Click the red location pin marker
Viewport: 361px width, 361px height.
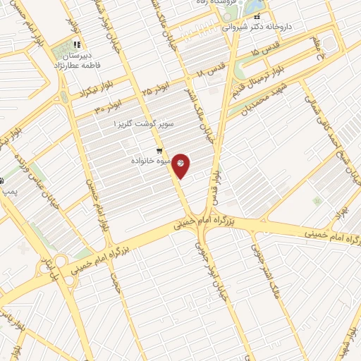(181, 164)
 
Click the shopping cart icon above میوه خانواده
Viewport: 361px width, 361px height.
(161, 150)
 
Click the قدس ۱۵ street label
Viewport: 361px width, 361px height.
(264, 53)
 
